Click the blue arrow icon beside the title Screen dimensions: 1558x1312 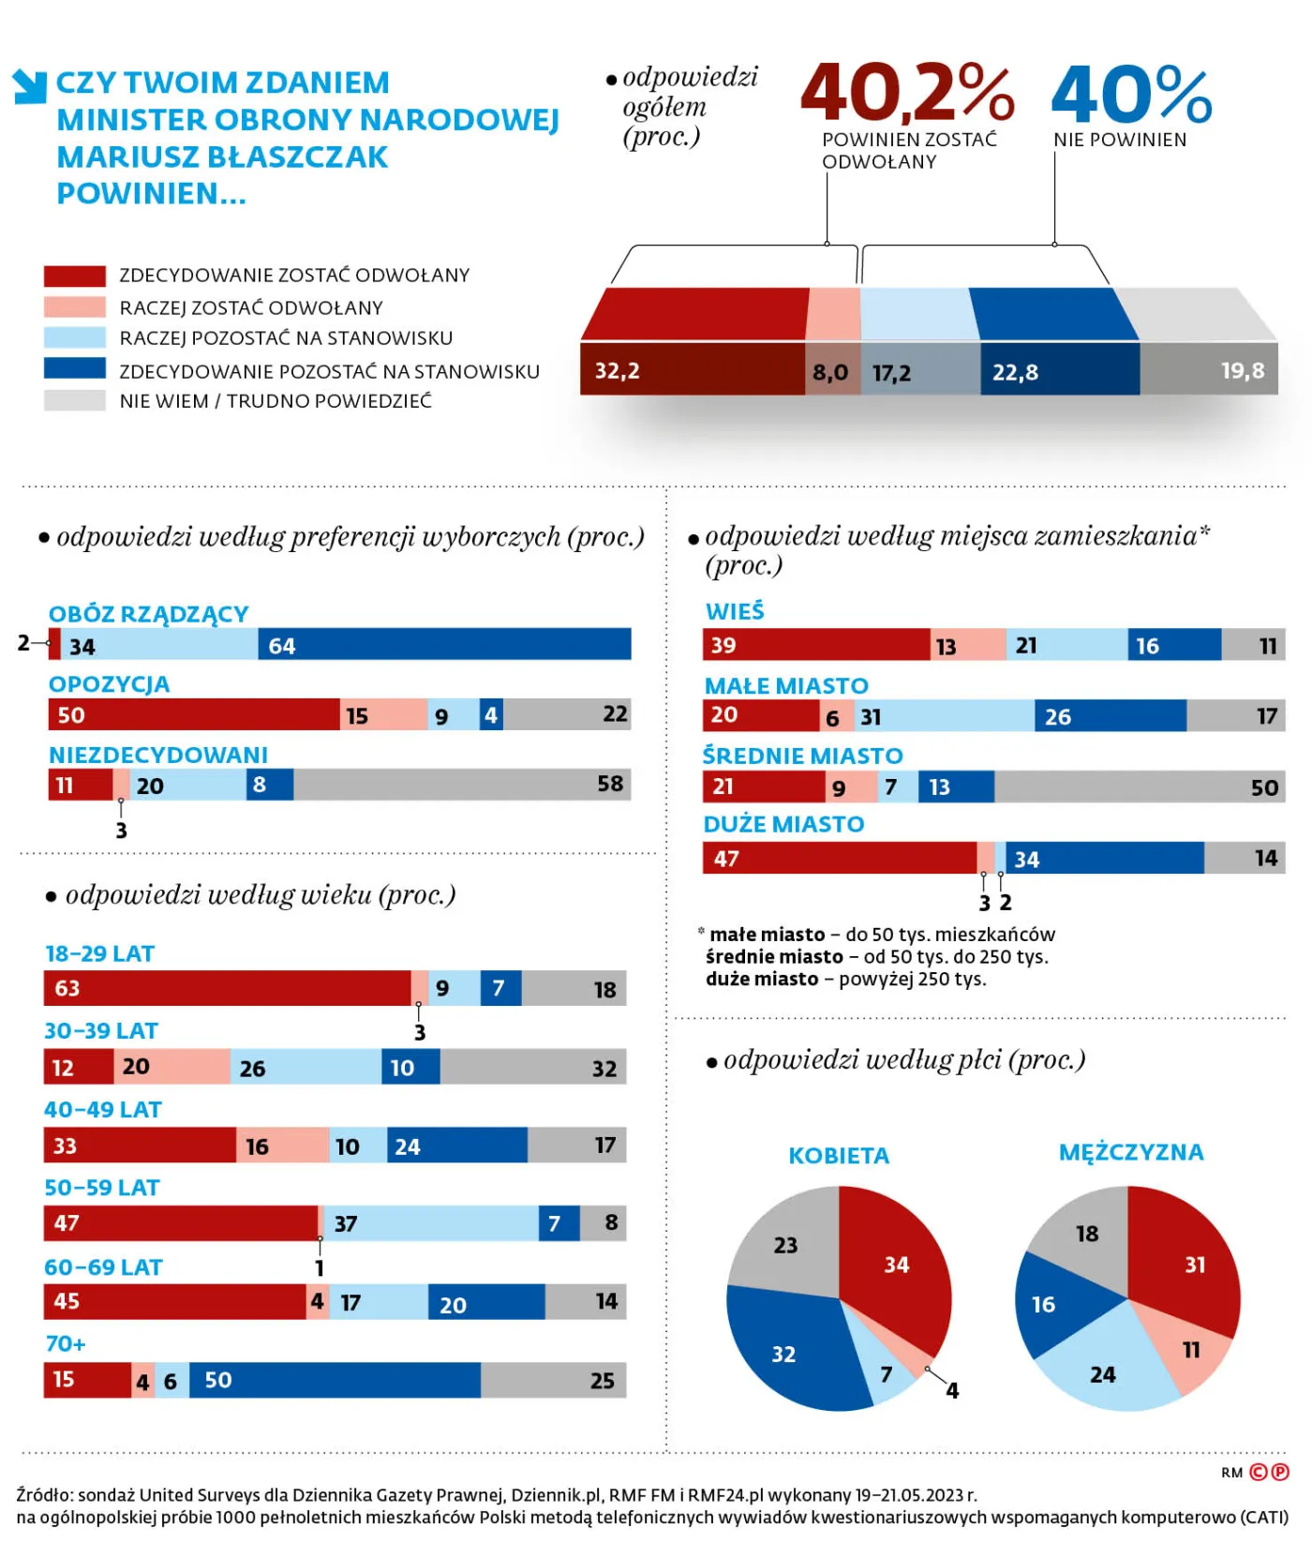tap(30, 85)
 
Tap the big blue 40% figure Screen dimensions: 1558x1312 tap(1131, 95)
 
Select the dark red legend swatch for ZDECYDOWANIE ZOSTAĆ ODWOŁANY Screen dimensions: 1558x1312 tap(74, 276)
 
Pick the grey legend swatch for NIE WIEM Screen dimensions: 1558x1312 tap(74, 400)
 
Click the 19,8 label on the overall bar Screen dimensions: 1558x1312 tap(1242, 371)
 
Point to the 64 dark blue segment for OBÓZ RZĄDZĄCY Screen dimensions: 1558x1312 tap(444, 645)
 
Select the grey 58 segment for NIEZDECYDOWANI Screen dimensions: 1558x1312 tap(461, 785)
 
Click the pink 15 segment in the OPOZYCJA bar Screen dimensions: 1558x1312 tap(383, 715)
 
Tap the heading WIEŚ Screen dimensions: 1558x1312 tap(735, 611)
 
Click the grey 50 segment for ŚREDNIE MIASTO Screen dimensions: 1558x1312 tap(1139, 786)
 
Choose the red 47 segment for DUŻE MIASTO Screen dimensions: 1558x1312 tap(839, 858)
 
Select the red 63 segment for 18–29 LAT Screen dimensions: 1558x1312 tap(227, 988)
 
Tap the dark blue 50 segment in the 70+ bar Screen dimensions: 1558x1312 tap(335, 1380)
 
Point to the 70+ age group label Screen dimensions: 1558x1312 tap(66, 1343)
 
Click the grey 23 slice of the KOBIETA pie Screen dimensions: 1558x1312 tap(787, 1242)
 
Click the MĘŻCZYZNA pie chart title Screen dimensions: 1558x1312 tap(1130, 1152)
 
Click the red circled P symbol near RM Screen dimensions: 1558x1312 tap(1279, 1472)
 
